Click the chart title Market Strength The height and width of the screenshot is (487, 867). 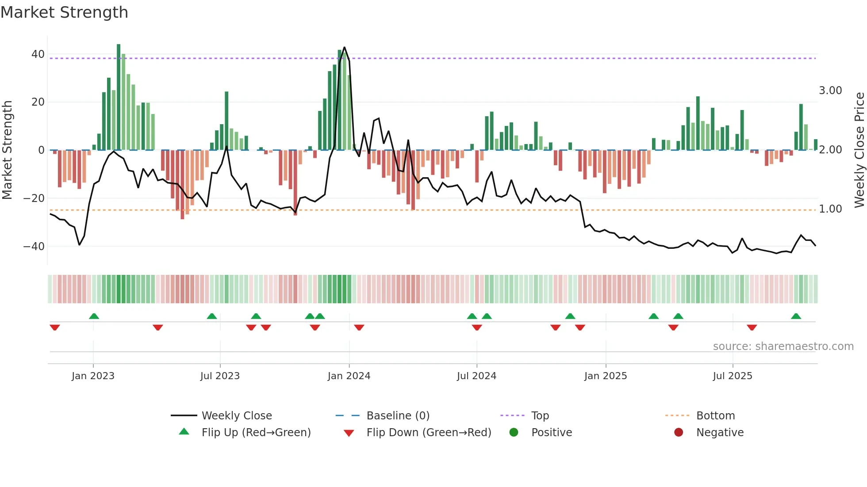64,12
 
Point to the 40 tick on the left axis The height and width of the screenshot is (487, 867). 38,54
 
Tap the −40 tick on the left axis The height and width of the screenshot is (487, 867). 34,246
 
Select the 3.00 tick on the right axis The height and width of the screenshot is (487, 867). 830,91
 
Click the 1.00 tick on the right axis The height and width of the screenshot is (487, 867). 830,209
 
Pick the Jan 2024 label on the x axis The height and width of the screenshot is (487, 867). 349,376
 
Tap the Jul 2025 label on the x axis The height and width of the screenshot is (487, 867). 732,376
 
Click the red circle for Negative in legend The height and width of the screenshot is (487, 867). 679,433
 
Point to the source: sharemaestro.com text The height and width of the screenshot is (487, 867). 783,346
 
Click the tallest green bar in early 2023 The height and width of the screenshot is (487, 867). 119,97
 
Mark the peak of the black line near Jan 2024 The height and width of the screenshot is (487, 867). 344,47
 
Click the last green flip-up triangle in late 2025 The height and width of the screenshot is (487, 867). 796,316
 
